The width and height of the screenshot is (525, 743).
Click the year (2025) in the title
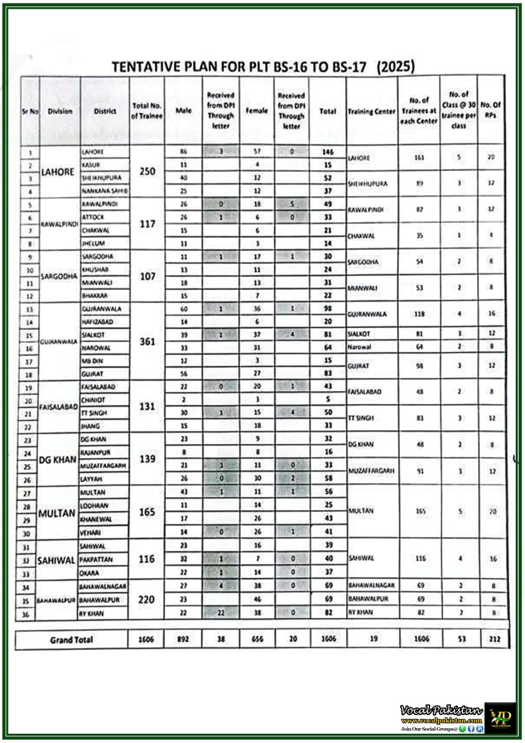pyautogui.click(x=395, y=66)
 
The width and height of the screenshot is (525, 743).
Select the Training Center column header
pyautogui.click(x=371, y=111)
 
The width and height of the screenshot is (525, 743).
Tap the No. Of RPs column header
pyautogui.click(x=490, y=110)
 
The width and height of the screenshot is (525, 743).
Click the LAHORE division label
pyautogui.click(x=58, y=172)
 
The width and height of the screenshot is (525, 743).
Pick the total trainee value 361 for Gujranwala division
pyautogui.click(x=147, y=342)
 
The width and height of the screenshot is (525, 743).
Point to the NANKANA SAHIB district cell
pyautogui.click(x=104, y=191)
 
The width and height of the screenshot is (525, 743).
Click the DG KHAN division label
pyautogui.click(x=58, y=460)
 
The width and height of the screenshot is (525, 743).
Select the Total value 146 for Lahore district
pyautogui.click(x=328, y=152)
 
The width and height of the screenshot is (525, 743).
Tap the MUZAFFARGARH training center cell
pyautogui.click(x=371, y=471)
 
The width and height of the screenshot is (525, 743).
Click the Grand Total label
pyautogui.click(x=71, y=640)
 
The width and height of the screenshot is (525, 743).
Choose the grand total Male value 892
pyautogui.click(x=183, y=639)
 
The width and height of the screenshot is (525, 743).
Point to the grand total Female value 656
pyautogui.click(x=257, y=639)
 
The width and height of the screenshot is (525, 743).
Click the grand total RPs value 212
pyautogui.click(x=495, y=639)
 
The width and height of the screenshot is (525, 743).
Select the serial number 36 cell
pyautogui.click(x=26, y=614)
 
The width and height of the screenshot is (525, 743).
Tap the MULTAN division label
pyautogui.click(x=57, y=514)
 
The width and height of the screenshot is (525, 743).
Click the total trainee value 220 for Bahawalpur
pyautogui.click(x=146, y=600)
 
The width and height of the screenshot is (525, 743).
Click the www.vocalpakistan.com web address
pyautogui.click(x=441, y=721)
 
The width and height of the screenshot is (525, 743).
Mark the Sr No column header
pyautogui.click(x=31, y=111)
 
